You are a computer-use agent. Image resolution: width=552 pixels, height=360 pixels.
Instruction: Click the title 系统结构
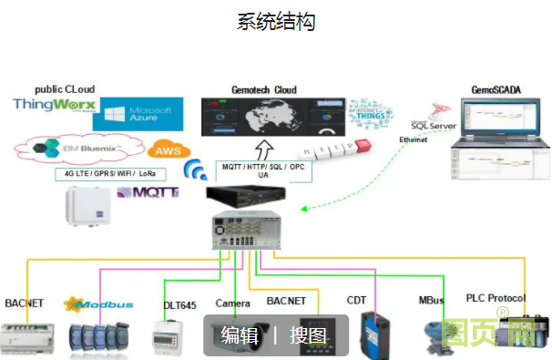[276, 22]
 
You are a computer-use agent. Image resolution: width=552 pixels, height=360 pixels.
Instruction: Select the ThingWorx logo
[54, 106]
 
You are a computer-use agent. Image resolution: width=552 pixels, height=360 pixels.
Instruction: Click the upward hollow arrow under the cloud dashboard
[264, 149]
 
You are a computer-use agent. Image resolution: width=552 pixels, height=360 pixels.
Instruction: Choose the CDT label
[356, 300]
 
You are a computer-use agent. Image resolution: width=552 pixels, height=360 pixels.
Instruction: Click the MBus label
[431, 300]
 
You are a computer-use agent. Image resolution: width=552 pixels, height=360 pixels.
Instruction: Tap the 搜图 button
[308, 335]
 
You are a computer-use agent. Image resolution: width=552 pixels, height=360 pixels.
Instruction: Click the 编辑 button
[240, 335]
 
